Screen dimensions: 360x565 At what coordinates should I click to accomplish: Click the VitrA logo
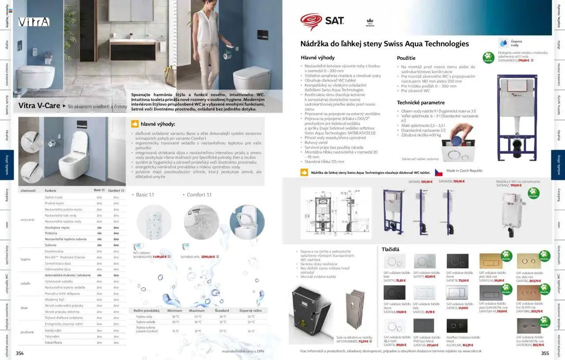(34, 22)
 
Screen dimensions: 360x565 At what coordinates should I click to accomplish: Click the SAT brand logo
(322, 21)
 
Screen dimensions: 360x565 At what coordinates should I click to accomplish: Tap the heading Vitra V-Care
(39, 106)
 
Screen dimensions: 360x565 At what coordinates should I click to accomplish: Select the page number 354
(20, 353)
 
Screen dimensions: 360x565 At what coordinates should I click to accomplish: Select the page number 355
(545, 353)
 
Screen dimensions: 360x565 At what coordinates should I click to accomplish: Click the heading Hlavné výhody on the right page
(317, 58)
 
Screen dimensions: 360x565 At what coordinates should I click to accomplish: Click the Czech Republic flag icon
(439, 172)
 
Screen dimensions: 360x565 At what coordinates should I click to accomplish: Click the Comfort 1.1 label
(199, 195)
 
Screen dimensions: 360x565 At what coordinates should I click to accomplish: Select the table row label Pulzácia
(51, 233)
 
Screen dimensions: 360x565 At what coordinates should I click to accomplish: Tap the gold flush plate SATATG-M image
(490, 261)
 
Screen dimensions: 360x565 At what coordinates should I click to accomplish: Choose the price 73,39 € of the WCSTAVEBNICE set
(363, 341)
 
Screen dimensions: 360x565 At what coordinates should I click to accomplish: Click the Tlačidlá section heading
(390, 250)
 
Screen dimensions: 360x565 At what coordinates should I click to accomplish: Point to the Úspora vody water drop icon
(503, 43)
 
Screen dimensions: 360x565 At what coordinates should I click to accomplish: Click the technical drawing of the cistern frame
(335, 213)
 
